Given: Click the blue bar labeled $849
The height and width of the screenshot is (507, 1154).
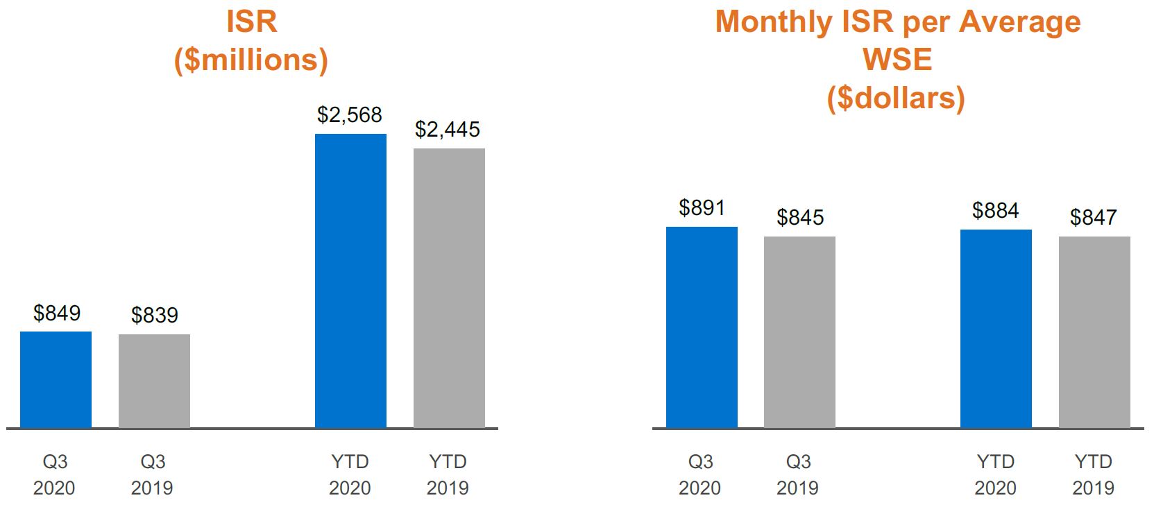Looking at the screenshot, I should point(56,379).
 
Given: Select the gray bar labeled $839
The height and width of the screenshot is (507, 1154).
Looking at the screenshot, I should point(154,381).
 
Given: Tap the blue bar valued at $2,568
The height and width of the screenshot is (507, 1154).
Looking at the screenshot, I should point(350,281).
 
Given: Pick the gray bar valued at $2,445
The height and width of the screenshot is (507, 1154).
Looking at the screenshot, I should point(449,288).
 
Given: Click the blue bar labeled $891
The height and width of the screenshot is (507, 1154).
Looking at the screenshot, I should point(702,327).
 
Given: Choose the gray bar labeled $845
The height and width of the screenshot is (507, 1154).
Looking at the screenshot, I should point(799,332).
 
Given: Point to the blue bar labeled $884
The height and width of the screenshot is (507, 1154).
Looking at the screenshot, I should point(996,329).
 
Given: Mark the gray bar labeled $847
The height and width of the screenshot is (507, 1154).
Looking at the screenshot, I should point(1094,332).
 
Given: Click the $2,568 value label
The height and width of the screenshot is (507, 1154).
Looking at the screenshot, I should point(350,115).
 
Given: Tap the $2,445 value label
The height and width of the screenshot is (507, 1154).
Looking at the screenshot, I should point(448,130).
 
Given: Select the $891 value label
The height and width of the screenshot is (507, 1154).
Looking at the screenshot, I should point(702,208).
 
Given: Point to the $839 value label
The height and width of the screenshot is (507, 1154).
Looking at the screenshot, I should point(155,316).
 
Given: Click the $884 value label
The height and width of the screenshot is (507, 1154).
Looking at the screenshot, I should point(995,211).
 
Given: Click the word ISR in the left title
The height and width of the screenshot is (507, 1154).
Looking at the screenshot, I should point(251,22).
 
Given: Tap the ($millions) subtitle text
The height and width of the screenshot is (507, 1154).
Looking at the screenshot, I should point(251,60).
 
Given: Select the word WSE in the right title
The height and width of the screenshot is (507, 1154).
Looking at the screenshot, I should point(897,60).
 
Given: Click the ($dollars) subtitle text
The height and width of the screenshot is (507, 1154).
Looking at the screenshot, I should point(896,98).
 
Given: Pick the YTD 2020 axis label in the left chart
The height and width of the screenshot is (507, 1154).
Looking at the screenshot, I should point(350,475).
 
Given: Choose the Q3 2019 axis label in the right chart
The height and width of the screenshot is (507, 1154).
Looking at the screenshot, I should point(798,475).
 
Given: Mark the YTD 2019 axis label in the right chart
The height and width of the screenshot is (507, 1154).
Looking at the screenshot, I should point(1094,475).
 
